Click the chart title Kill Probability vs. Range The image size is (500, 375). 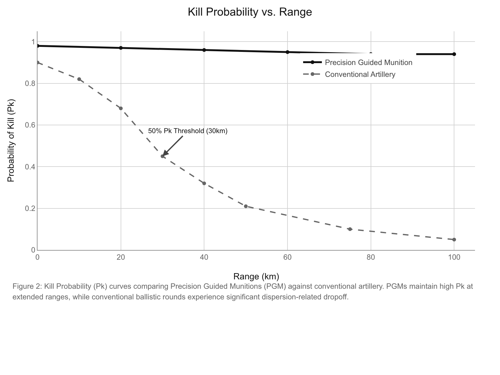[x=250, y=12]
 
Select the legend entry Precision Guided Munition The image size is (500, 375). [x=368, y=62]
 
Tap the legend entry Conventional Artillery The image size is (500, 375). [x=360, y=74]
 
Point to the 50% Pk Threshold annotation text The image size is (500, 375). [x=187, y=131]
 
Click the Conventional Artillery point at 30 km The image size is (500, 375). [x=162, y=156]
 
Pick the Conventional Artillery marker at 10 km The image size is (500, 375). [x=79, y=79]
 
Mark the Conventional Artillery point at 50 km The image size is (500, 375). [x=246, y=206]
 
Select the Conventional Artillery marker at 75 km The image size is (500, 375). [x=350, y=229]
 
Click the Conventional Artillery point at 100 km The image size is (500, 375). [x=454, y=240]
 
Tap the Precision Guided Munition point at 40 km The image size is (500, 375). [x=204, y=50]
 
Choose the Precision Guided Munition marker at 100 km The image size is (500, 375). [x=454, y=54]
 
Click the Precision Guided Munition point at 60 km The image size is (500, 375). [x=287, y=52]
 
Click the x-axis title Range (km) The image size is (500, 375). [x=256, y=277]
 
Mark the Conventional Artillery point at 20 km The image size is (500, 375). [x=121, y=108]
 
